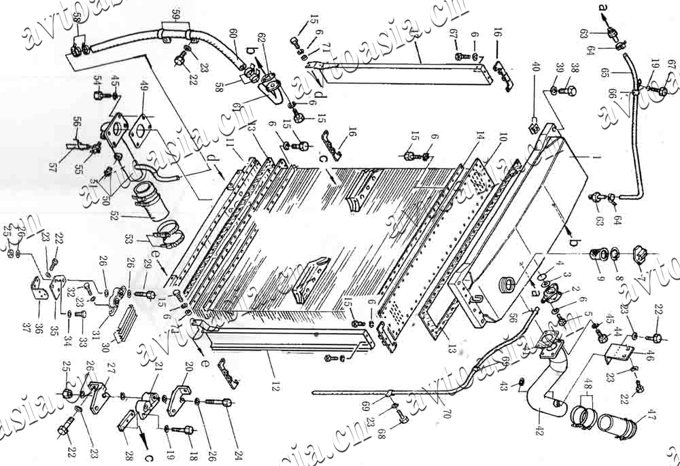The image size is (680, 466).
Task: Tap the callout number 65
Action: pyautogui.click(x=616, y=72)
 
